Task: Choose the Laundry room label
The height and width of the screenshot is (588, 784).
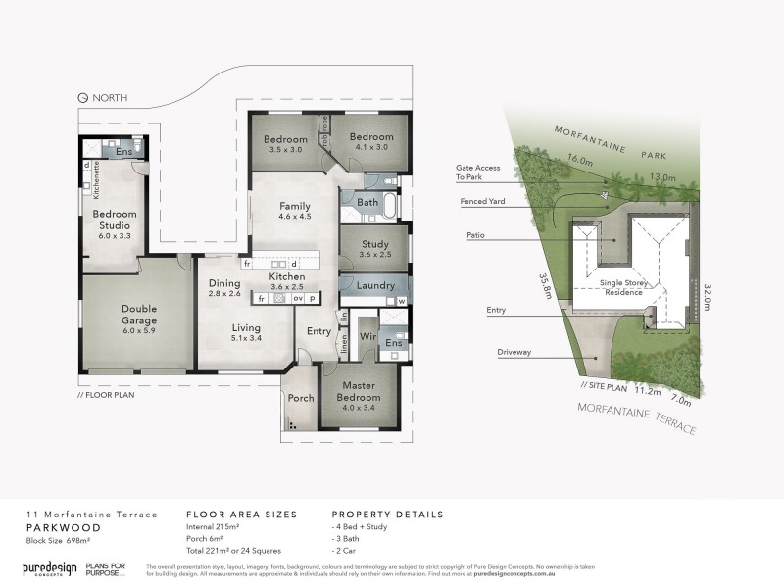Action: pos(376,285)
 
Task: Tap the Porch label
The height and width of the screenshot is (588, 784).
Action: pos(300,399)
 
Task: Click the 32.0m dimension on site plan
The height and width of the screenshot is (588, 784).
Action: pos(709,293)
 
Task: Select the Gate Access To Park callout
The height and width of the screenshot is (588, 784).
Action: pos(477,172)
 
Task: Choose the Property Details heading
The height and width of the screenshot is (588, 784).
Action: pos(387,514)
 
